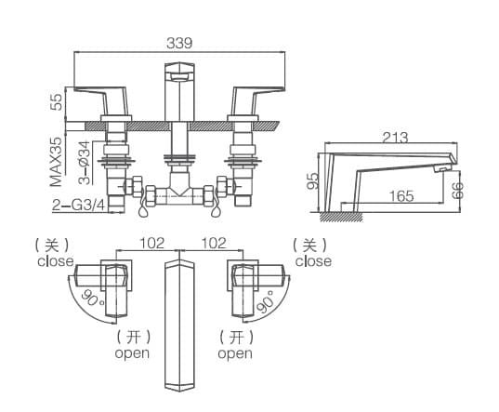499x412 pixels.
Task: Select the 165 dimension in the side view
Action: tap(401, 196)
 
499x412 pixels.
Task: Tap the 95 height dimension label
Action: tap(314, 179)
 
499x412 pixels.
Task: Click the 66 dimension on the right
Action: tap(457, 191)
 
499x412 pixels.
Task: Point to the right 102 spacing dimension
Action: tap(213, 244)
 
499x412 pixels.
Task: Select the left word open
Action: tap(132, 353)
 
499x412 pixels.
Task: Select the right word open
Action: tap(234, 353)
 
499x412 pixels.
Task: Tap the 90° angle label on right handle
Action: tap(266, 304)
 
